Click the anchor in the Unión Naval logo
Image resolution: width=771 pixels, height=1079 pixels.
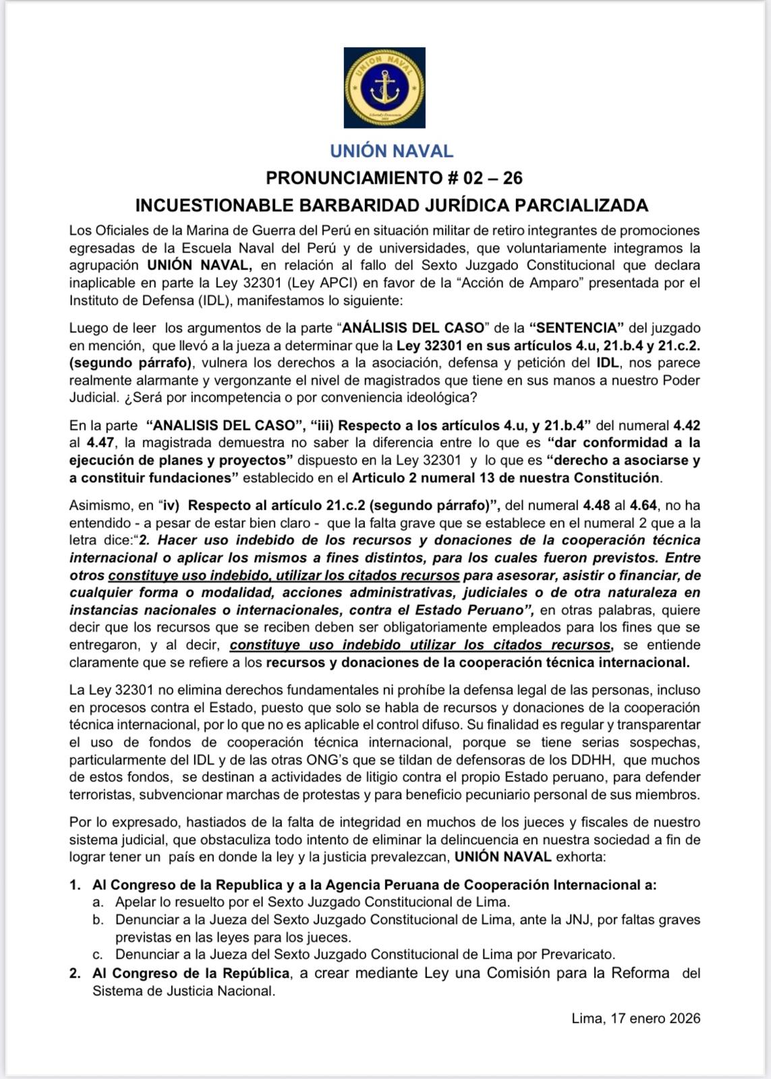coord(384,88)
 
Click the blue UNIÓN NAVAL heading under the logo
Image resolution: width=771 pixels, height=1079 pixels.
coord(391,151)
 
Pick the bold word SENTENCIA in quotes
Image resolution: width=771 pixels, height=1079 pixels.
coord(577,328)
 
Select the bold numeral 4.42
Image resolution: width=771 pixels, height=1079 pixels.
coord(687,426)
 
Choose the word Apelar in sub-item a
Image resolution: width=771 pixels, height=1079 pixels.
coord(135,902)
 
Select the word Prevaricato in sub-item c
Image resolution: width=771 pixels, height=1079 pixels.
coord(581,955)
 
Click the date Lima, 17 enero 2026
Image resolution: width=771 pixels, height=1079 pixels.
coord(635,1019)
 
